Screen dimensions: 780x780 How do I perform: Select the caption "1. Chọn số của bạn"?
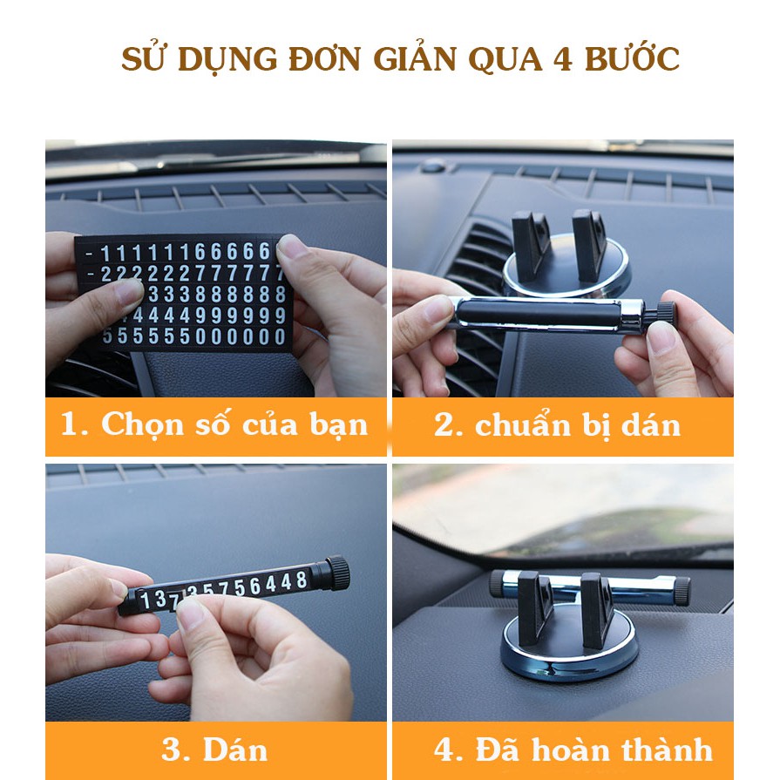(x=214, y=425)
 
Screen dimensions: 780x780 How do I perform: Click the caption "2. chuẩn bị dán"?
(x=558, y=425)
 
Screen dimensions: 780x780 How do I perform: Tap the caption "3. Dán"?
(x=214, y=749)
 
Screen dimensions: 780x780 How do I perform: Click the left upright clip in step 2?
(x=531, y=241)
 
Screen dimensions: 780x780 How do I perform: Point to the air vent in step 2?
(x=475, y=270)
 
